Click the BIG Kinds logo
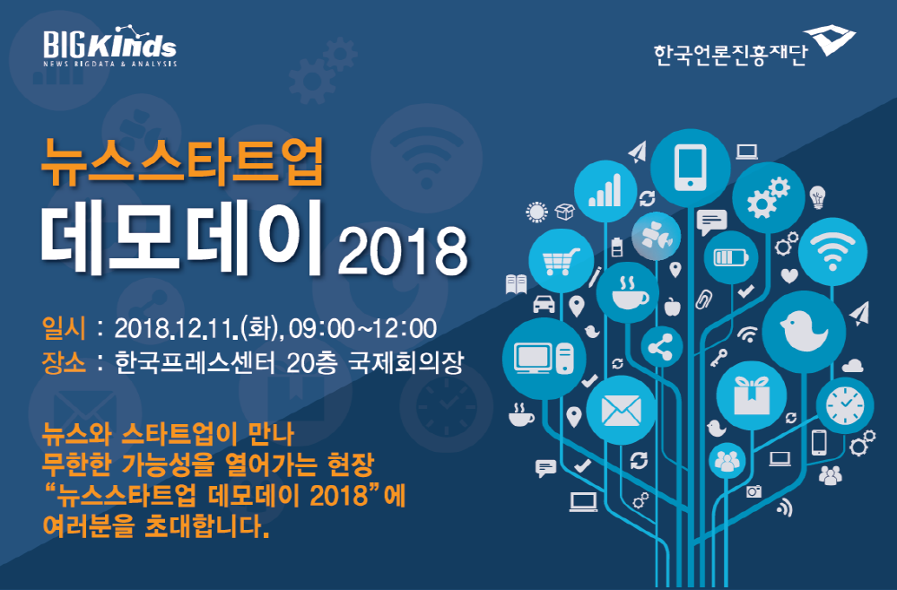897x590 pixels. pyautogui.click(x=109, y=47)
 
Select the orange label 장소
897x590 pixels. pyautogui.click(x=64, y=363)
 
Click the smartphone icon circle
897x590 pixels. pyautogui.click(x=690, y=165)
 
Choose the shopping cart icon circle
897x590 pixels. pyautogui.click(x=562, y=261)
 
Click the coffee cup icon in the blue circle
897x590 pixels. pyautogui.click(x=628, y=291)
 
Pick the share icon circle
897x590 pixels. pyautogui.click(x=662, y=347)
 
